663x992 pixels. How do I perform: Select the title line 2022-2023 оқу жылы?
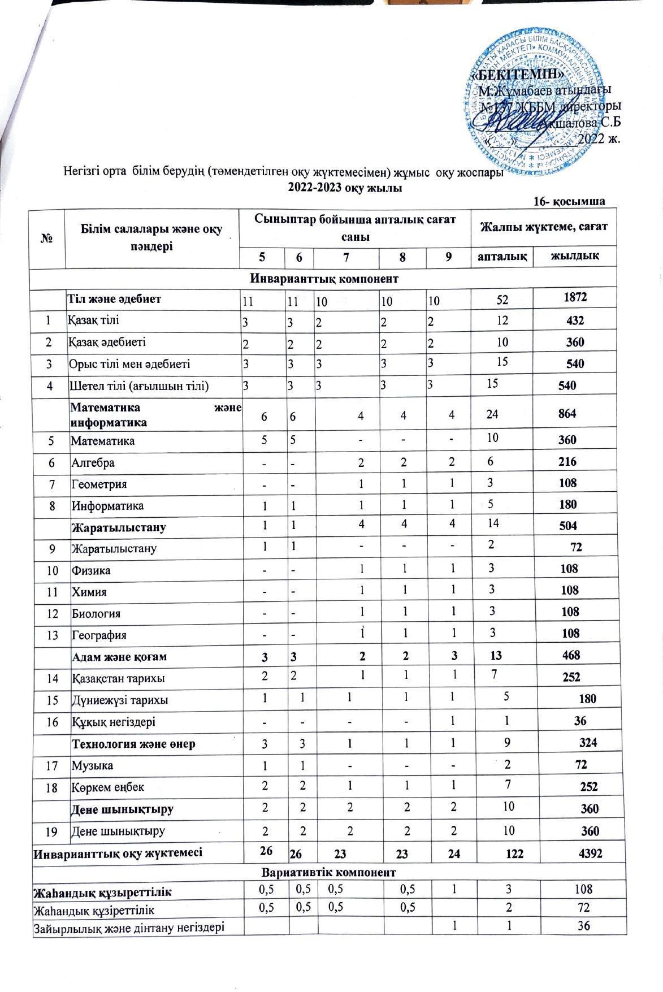pos(345,188)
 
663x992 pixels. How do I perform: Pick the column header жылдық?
pos(575,256)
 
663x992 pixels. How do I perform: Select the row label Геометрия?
pos(98,484)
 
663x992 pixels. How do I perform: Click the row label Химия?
pos(89,592)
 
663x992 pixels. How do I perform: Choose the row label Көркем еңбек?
pos(107,787)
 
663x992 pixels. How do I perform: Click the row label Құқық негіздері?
pos(113,722)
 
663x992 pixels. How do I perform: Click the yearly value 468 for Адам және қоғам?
pos(568,656)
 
